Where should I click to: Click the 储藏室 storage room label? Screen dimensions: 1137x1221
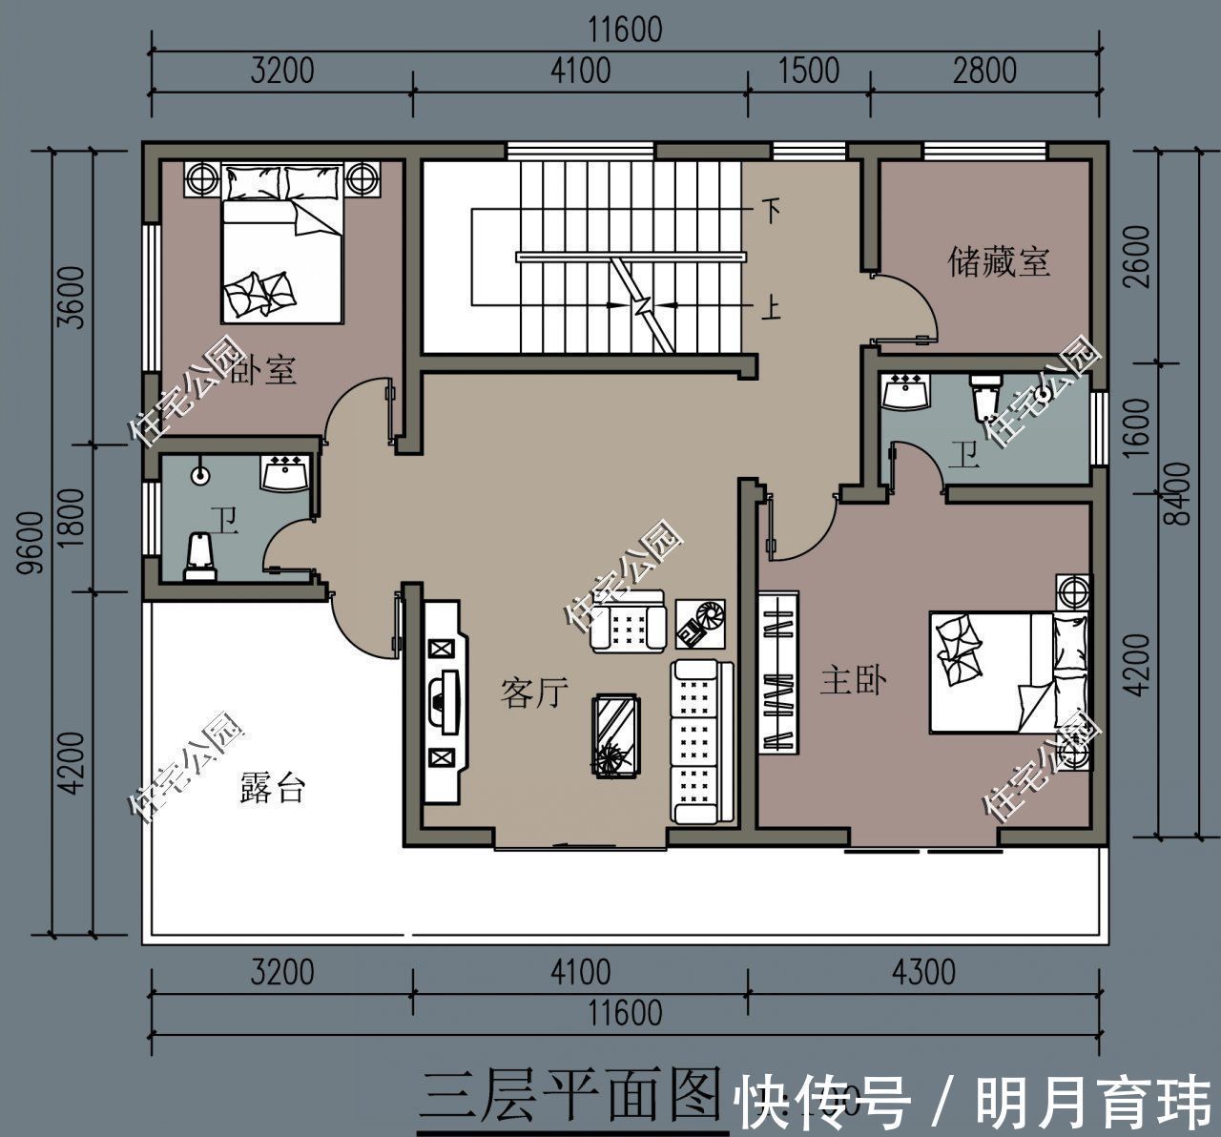coord(998,261)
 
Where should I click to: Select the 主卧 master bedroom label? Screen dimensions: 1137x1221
coord(854,681)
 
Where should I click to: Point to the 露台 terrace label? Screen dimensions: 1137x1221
coord(273,789)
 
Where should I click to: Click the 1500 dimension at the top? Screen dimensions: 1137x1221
coord(808,71)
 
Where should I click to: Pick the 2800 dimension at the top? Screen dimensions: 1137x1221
coord(985,71)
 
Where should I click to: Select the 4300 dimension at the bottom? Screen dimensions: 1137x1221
coord(922,972)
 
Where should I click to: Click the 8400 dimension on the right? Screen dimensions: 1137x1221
coord(1181,493)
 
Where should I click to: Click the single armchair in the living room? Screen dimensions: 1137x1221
coord(627,622)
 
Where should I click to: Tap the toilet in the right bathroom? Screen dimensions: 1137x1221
coord(983,397)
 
